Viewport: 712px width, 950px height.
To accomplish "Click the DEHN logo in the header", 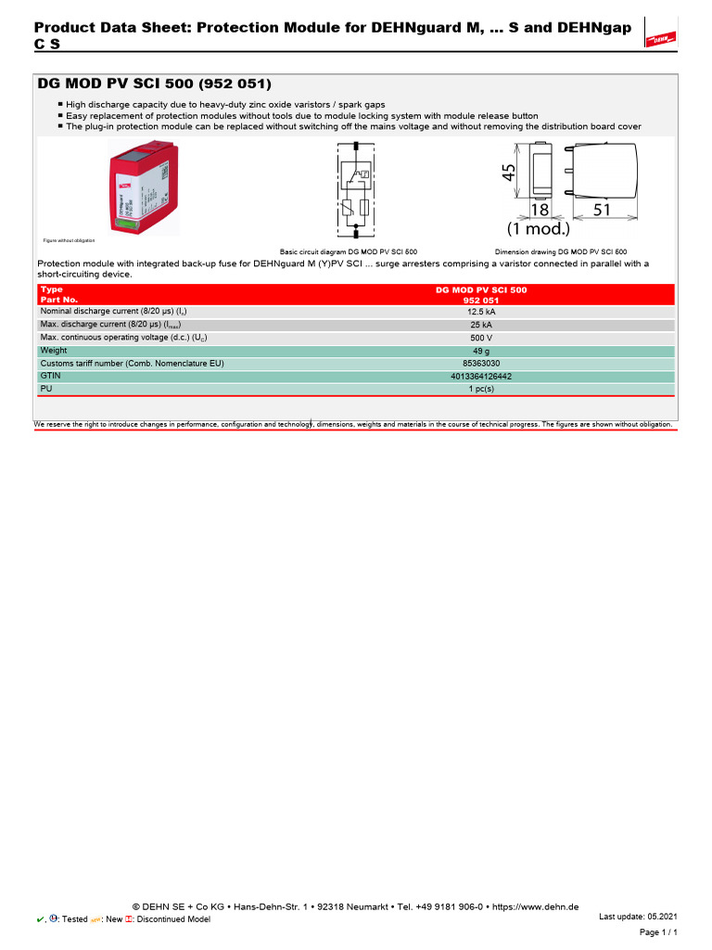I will click(659, 38).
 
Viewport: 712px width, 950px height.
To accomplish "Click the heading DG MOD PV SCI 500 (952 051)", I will click(154, 83).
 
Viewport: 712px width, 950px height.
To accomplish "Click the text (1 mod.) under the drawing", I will click(538, 228).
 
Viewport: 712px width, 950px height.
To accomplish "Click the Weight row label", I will click(54, 351).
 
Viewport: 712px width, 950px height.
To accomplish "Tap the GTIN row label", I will click(49, 377).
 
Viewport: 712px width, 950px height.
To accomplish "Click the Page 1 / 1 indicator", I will click(659, 931).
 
